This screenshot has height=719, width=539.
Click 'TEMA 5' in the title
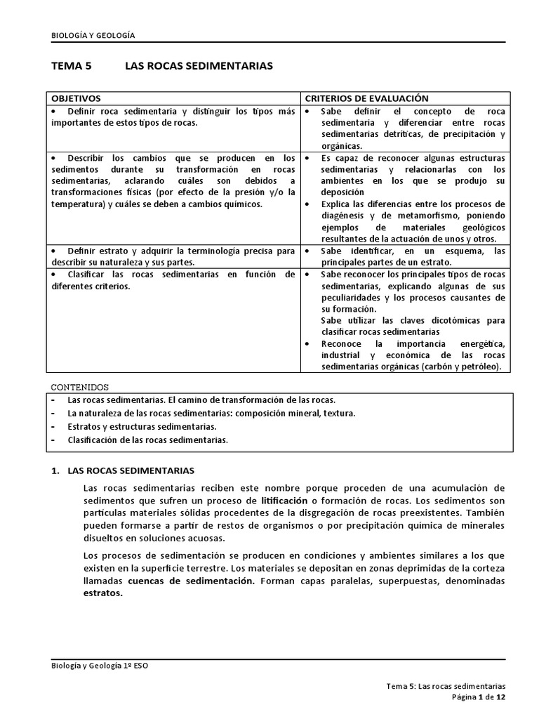tap(72, 66)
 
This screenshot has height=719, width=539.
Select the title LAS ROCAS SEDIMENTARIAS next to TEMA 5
tap(199, 66)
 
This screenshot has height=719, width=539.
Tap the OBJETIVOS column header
tap(76, 98)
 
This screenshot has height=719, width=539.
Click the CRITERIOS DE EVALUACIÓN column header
tap(366, 98)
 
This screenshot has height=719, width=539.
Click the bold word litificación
tap(284, 501)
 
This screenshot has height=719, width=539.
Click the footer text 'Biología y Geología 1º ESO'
tap(99, 667)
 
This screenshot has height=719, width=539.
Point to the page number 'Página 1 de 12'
tap(477, 697)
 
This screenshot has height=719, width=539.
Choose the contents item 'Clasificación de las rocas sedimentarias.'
tap(147, 440)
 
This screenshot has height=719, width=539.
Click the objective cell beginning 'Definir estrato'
tap(173, 256)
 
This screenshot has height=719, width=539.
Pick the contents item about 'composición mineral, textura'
tap(211, 413)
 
